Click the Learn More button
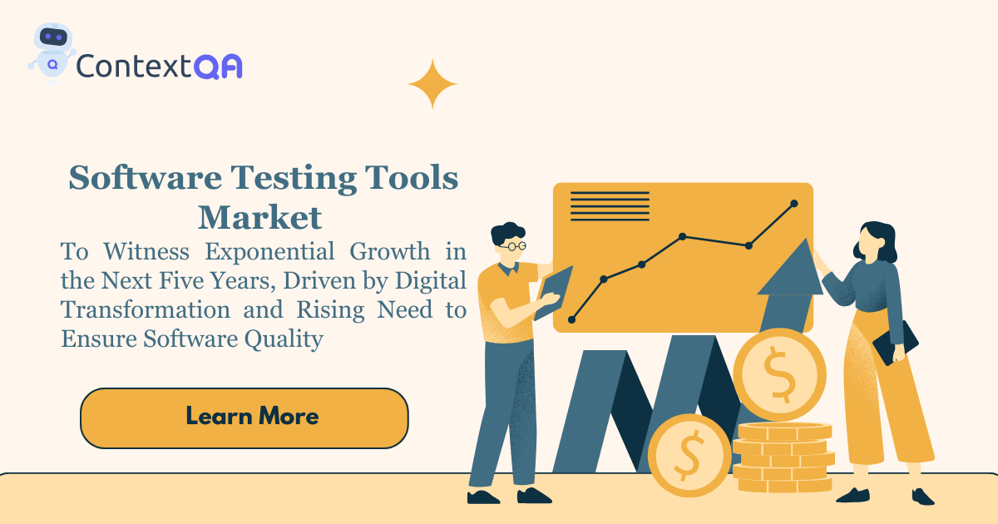(x=245, y=418)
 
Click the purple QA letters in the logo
(x=218, y=67)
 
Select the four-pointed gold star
(x=432, y=84)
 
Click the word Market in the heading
(x=259, y=218)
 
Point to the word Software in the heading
(x=146, y=177)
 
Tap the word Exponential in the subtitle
(x=269, y=252)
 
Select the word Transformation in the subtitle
(x=146, y=309)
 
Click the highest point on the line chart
(x=794, y=204)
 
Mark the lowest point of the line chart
(x=571, y=319)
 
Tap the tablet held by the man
(x=553, y=293)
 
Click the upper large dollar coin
(x=780, y=374)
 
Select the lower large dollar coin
(x=689, y=456)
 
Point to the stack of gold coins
(x=783, y=457)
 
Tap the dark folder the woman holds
(x=896, y=343)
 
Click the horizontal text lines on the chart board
(x=610, y=206)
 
